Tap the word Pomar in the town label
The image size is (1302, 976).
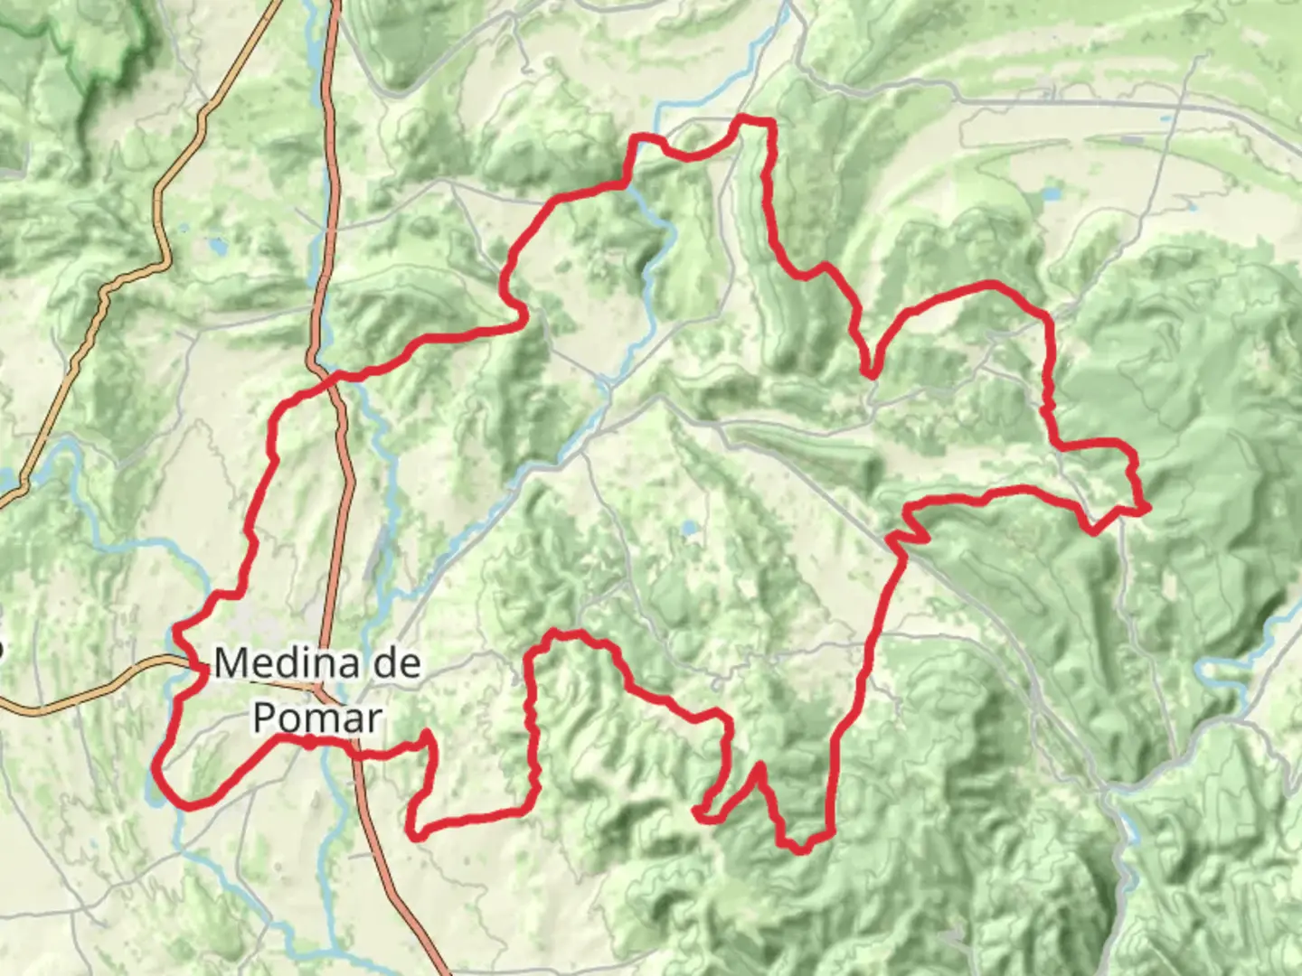click(x=316, y=718)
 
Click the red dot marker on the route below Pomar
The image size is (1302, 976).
click(x=309, y=743)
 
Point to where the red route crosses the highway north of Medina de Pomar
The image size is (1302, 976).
click(x=337, y=374)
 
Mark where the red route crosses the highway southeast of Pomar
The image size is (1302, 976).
click(x=355, y=753)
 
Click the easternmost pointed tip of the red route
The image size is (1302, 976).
click(x=1146, y=510)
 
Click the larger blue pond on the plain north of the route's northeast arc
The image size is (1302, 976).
click(x=1052, y=193)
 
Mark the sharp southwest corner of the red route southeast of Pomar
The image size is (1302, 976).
click(x=415, y=833)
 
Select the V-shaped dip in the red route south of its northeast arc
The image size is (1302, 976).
click(x=869, y=371)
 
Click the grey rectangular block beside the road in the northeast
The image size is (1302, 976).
click(x=1130, y=140)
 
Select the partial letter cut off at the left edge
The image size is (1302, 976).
click(x=2, y=648)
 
